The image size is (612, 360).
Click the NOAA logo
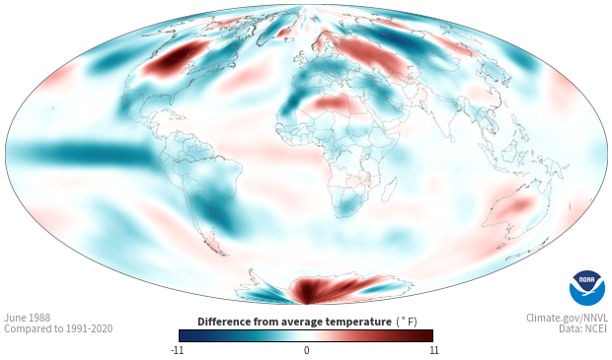coord(587,287)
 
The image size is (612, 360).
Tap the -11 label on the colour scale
coord(177,350)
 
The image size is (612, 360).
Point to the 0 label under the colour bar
coord(306,350)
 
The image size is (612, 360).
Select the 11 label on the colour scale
coord(433,350)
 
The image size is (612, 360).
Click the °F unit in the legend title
coord(407,322)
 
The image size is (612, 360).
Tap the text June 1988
coord(28,318)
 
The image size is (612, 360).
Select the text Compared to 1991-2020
coord(58,328)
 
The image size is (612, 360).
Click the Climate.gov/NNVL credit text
coord(567,318)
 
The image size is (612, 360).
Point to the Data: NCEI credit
coord(583,328)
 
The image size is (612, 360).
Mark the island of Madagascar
coord(389,190)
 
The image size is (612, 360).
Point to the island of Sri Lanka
coord(451,138)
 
